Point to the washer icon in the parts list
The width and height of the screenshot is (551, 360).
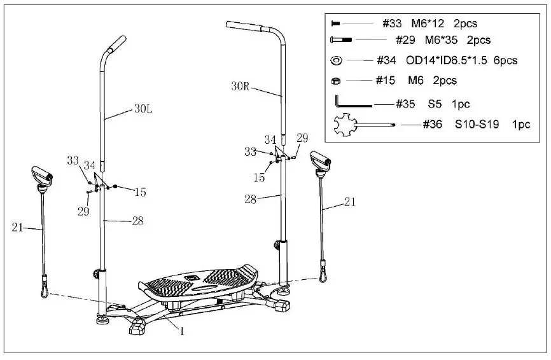[336, 61]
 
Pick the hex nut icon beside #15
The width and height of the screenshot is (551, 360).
[336, 81]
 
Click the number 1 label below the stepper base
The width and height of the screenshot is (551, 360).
[182, 331]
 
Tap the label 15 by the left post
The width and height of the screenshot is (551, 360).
[140, 191]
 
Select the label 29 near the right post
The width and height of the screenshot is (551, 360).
[302, 138]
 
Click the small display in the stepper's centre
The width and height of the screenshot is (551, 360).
[190, 278]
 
